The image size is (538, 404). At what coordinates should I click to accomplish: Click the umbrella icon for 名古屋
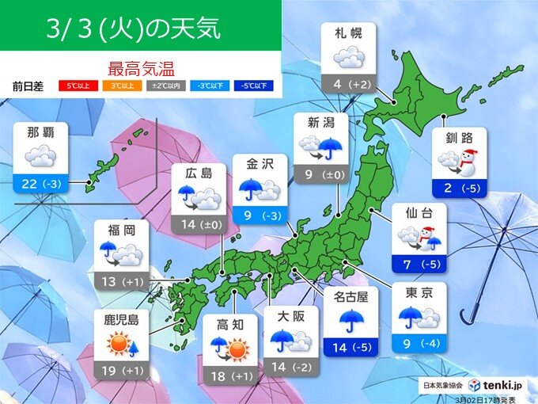coord(350,319)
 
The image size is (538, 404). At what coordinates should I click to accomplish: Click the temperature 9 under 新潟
coord(307,175)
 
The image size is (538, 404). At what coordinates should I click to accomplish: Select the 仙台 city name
coord(419,214)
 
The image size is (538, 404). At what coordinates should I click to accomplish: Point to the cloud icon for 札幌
coord(348,58)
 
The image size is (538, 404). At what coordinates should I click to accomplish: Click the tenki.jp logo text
coord(501,384)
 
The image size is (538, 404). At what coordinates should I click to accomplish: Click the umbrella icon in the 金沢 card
coord(252,189)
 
